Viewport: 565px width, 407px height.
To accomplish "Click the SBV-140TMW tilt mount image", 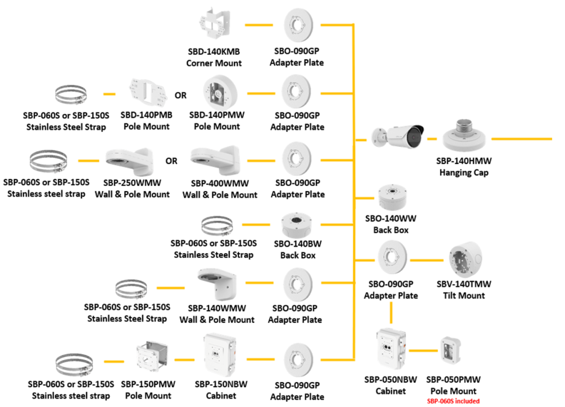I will (464, 262).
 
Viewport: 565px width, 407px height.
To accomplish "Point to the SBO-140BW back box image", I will (298, 225).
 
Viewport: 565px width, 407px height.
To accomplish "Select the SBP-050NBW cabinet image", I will (391, 347).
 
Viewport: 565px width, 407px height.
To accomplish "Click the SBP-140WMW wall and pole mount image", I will (217, 285).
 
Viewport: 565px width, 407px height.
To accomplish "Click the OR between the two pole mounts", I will (180, 96).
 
